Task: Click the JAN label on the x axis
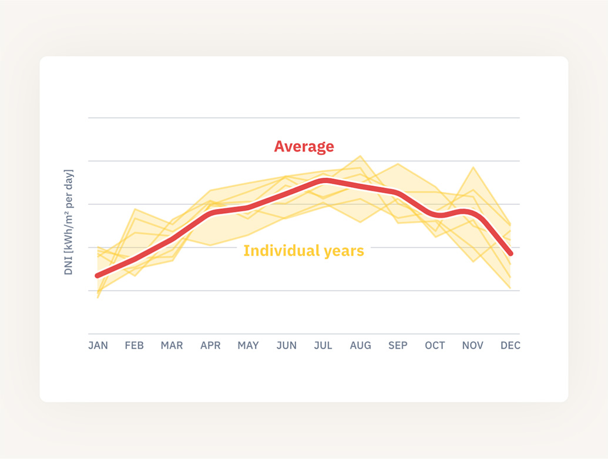coord(98,346)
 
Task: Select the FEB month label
coord(134,346)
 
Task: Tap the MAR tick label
coord(172,346)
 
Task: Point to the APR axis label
coord(210,346)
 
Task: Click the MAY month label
coord(248,346)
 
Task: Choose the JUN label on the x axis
coord(286,346)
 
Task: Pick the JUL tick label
coord(323,346)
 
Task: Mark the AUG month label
coord(361,346)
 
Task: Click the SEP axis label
coord(398,346)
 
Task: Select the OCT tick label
coord(435,346)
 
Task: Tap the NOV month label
coord(472,346)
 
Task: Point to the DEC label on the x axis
coord(510,346)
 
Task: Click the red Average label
coord(304,147)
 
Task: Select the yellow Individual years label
coord(304,251)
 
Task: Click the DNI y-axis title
coord(69,222)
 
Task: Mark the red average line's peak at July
coord(324,180)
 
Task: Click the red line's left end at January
coord(98,275)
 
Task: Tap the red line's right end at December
coord(510,253)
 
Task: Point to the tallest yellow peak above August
coord(360,156)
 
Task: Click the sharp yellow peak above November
coord(473,167)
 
